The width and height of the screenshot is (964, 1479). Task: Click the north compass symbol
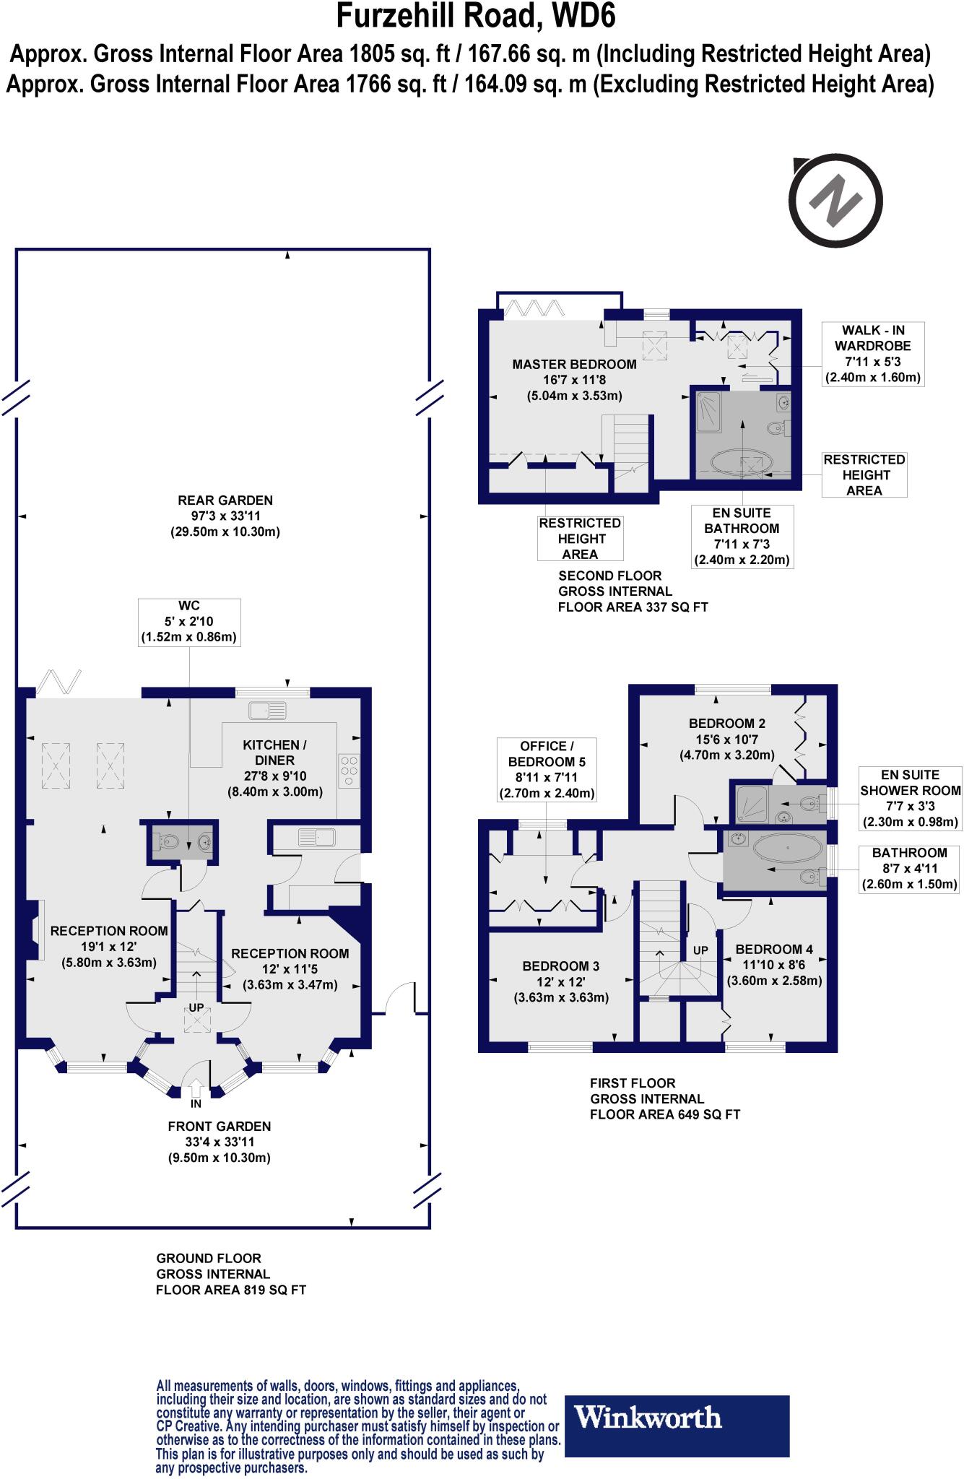pyautogui.click(x=836, y=199)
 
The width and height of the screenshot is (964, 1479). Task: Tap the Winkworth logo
pyautogui.click(x=676, y=1418)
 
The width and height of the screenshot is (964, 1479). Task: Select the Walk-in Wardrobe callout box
pyautogui.click(x=873, y=354)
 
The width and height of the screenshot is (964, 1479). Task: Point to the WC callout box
pyautogui.click(x=189, y=622)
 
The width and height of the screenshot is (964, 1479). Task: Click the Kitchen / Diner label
pyautogui.click(x=275, y=768)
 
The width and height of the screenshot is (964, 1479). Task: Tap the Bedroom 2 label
pyautogui.click(x=727, y=739)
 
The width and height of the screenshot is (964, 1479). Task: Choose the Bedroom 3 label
pyautogui.click(x=561, y=981)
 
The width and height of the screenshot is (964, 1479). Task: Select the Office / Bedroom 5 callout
pyautogui.click(x=547, y=770)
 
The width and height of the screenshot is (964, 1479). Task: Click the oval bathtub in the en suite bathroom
pyautogui.click(x=742, y=461)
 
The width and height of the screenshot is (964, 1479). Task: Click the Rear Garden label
pyautogui.click(x=225, y=516)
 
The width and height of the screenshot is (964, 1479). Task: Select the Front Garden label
pyautogui.click(x=220, y=1142)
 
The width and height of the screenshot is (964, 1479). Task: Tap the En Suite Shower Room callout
pyautogui.click(x=911, y=798)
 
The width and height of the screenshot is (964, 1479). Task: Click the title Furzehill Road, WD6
pyautogui.click(x=476, y=16)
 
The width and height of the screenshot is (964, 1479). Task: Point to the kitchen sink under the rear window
pyautogui.click(x=268, y=710)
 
